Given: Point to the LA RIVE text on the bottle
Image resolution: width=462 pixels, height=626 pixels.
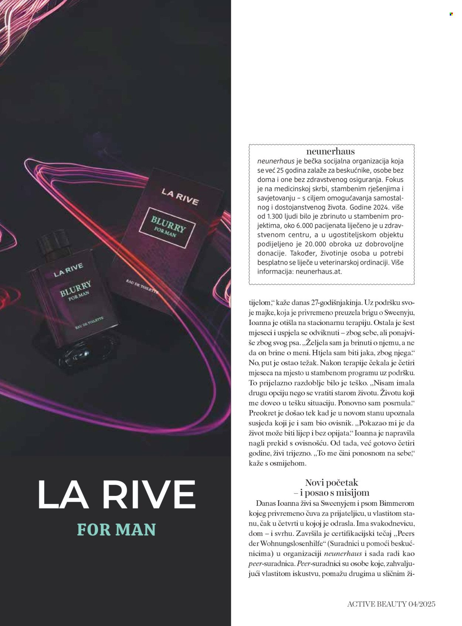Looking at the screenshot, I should click(x=68, y=270).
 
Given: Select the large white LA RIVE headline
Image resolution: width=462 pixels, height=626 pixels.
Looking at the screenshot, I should click(x=116, y=495).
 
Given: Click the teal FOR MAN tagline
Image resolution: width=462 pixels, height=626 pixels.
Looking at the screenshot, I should click(x=116, y=529).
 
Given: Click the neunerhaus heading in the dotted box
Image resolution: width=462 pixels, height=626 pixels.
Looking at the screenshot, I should click(x=330, y=151).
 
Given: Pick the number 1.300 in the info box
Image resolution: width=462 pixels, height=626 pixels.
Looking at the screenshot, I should click(x=275, y=225).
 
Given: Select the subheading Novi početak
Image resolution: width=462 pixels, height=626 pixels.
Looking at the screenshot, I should click(x=332, y=483).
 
